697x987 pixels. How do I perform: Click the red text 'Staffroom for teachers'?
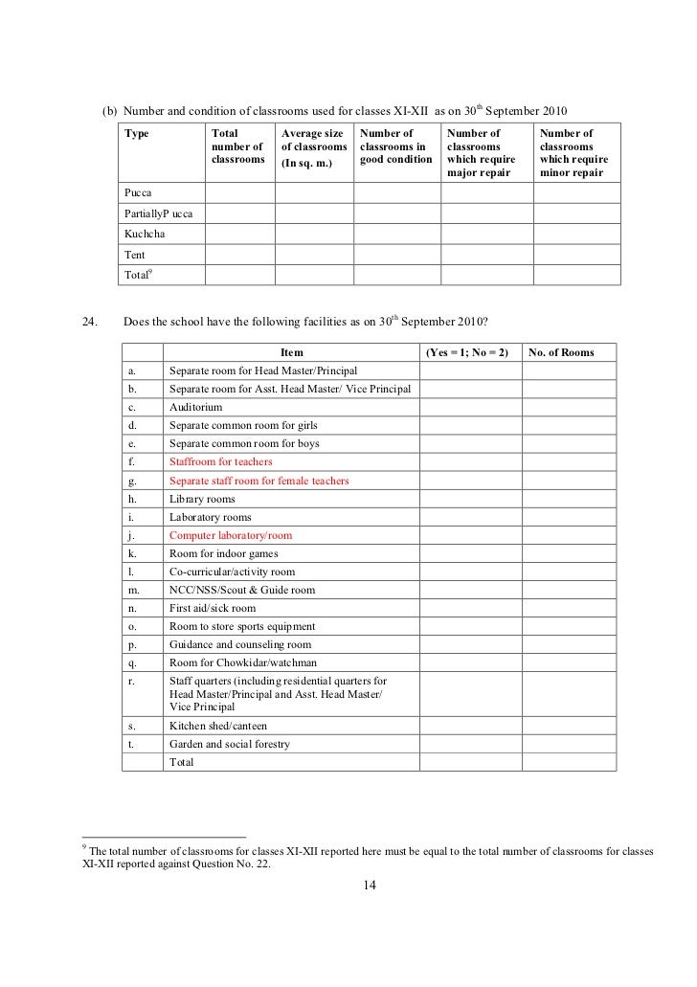(x=221, y=462)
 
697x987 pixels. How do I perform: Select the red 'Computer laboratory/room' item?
(x=231, y=535)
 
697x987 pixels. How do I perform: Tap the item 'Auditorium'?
(x=196, y=408)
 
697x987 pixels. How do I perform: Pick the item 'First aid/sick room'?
(x=213, y=608)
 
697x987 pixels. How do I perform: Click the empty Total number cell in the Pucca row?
(x=239, y=192)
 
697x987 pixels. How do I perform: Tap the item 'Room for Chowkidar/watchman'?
(x=243, y=662)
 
